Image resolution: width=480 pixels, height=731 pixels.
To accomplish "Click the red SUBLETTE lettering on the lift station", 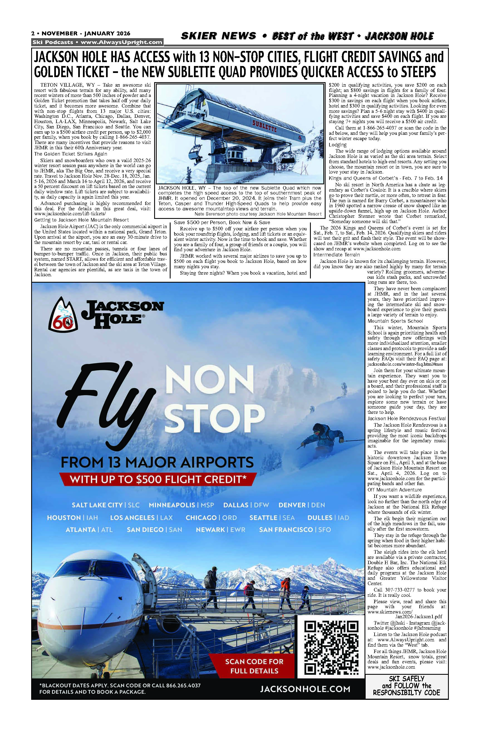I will click(x=264, y=126).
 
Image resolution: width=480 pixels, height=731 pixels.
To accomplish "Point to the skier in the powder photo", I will click(x=321, y=436).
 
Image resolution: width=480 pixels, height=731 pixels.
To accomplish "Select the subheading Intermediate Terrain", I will click(x=336, y=255).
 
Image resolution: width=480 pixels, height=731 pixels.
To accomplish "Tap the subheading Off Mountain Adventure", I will click(x=395, y=490).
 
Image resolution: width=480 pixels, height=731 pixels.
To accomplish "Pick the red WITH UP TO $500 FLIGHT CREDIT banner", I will click(x=158, y=480).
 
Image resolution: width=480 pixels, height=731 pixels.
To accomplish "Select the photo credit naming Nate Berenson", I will click(x=258, y=214).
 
